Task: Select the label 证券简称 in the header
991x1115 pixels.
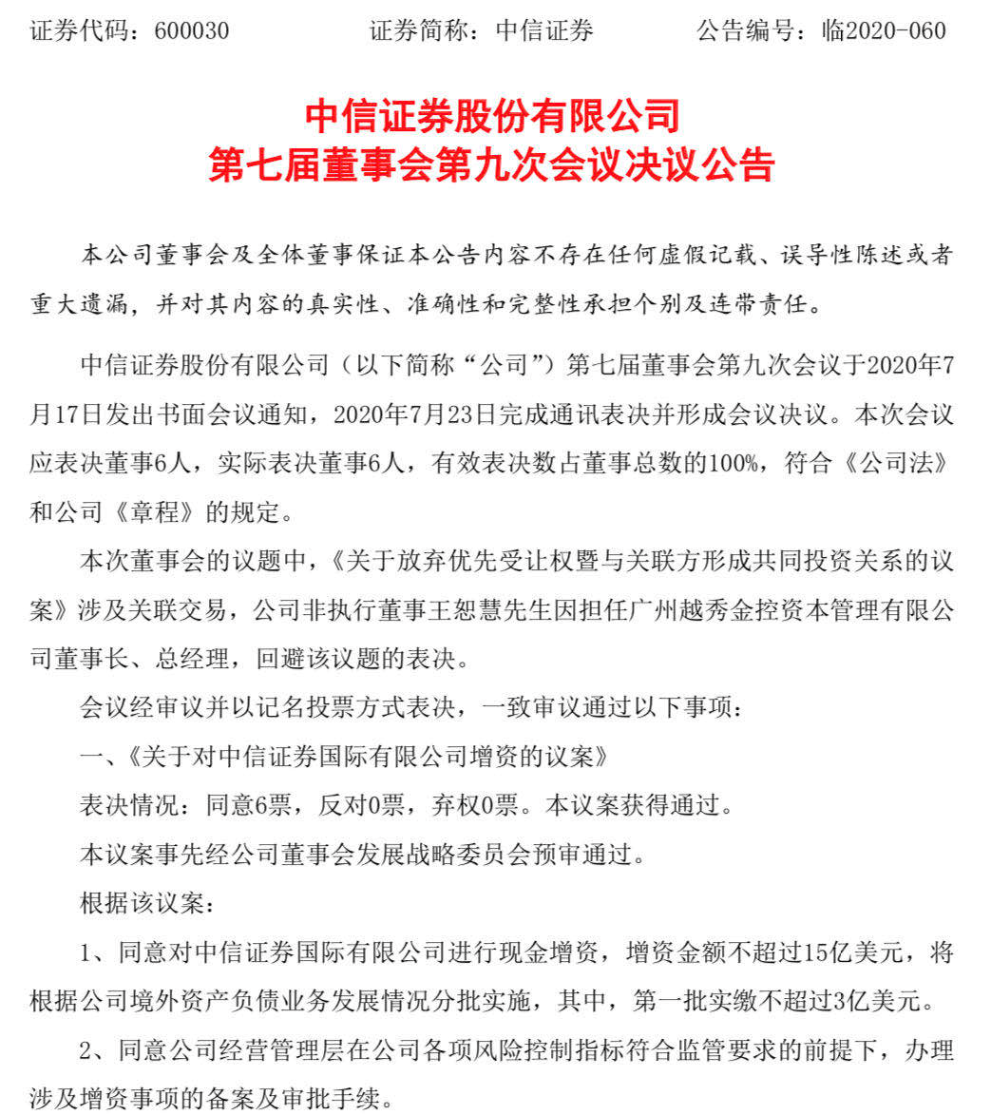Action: coord(418,31)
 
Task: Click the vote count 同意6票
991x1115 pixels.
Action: coord(248,807)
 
